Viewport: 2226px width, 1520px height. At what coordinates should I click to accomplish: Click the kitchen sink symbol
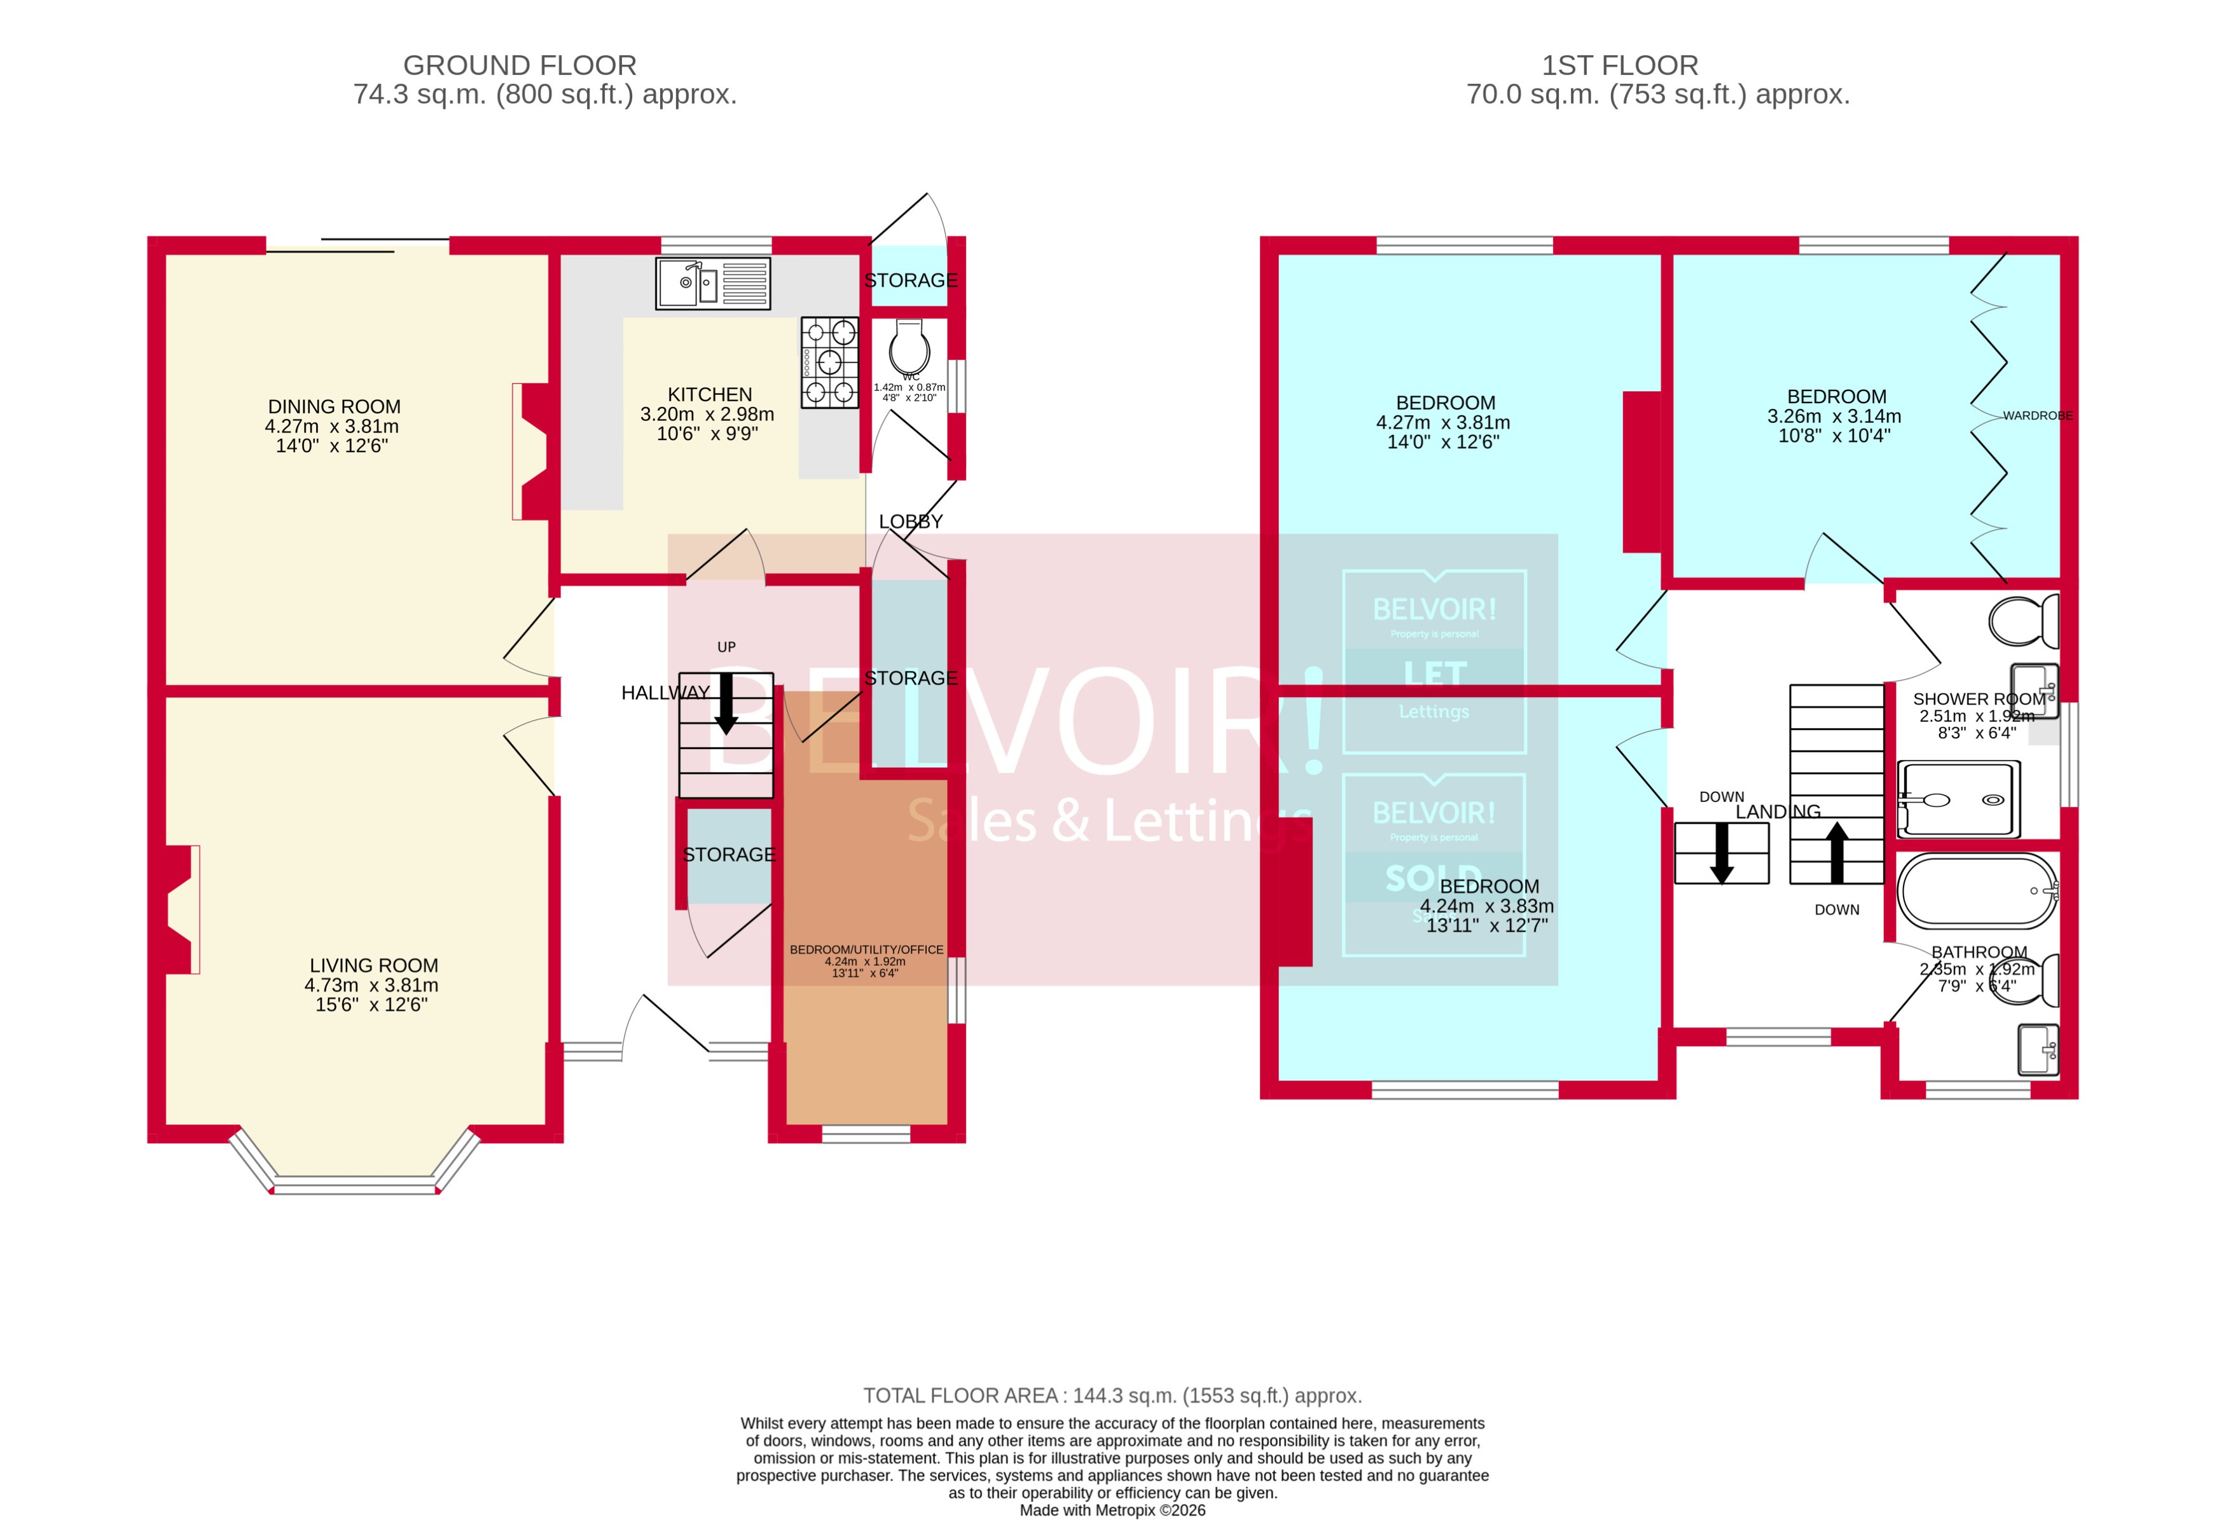pyautogui.click(x=712, y=284)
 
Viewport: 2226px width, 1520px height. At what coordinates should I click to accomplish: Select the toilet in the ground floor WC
pyautogui.click(x=908, y=347)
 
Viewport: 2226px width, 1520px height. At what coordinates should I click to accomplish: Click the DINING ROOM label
pyautogui.click(x=335, y=407)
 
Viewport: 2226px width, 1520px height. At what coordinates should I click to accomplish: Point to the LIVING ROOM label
pyautogui.click(x=373, y=965)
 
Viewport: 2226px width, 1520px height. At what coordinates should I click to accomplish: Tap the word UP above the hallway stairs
pyautogui.click(x=726, y=647)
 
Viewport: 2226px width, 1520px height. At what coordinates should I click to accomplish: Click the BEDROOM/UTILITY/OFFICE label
pyautogui.click(x=866, y=950)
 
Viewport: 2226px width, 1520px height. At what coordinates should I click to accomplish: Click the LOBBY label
pyautogui.click(x=911, y=522)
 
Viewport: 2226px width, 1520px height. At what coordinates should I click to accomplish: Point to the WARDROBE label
pyautogui.click(x=2036, y=416)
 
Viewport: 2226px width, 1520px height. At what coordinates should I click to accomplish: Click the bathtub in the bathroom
pyautogui.click(x=1977, y=891)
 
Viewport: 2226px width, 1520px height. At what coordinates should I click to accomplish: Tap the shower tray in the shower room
pyautogui.click(x=1959, y=799)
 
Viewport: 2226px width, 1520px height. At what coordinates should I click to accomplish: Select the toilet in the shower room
pyautogui.click(x=2023, y=621)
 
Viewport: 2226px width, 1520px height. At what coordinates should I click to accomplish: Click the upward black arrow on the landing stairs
pyautogui.click(x=1836, y=852)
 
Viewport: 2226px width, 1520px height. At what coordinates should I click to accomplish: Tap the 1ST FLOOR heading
pyautogui.click(x=1620, y=65)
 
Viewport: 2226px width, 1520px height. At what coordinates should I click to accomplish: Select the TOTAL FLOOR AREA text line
pyautogui.click(x=1112, y=1395)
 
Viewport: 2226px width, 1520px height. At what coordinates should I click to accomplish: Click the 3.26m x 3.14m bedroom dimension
pyautogui.click(x=1834, y=417)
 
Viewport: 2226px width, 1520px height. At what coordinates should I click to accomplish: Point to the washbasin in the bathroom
pyautogui.click(x=2037, y=1051)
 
